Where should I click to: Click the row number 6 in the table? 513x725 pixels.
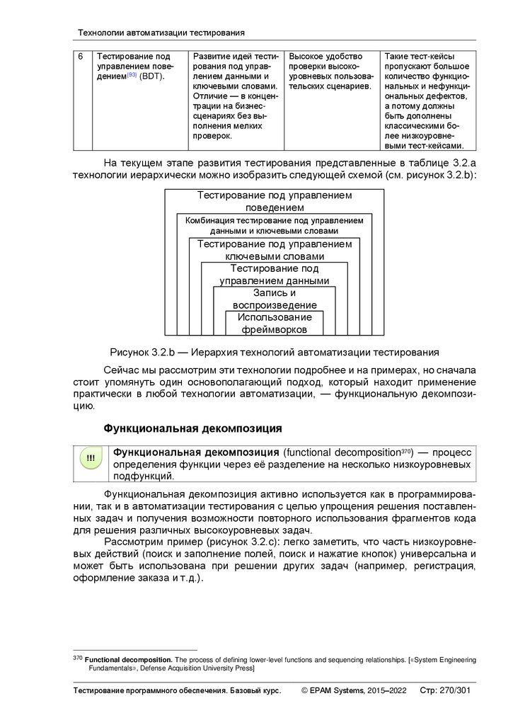coord(81,57)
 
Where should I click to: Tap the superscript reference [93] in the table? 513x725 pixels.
coord(132,75)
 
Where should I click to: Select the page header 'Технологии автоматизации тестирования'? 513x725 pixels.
coord(161,33)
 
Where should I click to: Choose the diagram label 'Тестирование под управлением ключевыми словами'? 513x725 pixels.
coord(275,250)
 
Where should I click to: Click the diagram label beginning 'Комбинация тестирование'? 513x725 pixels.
coord(274,226)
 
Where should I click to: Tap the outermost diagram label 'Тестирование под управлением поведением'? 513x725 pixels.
coord(275,201)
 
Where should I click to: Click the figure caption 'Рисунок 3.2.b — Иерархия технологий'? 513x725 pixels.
coord(274,352)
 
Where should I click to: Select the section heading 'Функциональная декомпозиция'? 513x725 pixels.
coord(193,428)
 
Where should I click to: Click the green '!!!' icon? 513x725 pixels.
coord(91,458)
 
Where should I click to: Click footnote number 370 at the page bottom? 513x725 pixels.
coord(78,659)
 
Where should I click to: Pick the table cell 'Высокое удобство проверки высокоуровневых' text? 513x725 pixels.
coord(330,72)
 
